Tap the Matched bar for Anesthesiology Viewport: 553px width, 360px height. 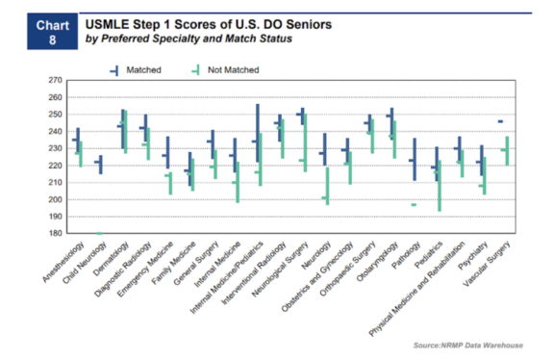[x=78, y=142]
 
